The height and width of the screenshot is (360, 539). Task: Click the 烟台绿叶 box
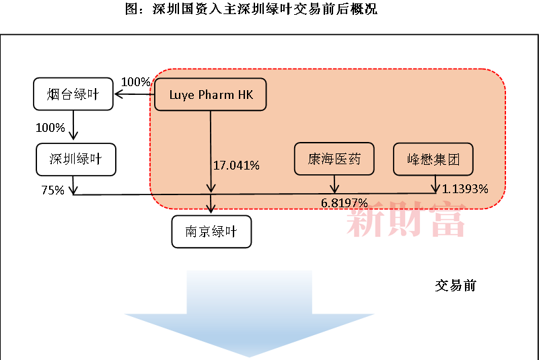tap(73, 94)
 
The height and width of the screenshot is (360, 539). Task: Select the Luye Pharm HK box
tap(211, 95)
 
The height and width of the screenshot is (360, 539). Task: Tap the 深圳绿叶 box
tap(76, 159)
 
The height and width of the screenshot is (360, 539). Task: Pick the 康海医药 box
tap(334, 159)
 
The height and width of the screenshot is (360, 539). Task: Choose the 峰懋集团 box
tap(433, 159)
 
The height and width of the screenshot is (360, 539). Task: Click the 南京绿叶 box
tap(211, 231)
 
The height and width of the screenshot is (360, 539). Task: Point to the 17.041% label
tap(236, 166)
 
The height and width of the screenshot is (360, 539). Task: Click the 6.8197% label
tap(344, 203)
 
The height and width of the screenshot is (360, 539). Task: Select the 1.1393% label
tap(465, 189)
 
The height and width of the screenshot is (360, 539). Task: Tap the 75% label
tap(53, 190)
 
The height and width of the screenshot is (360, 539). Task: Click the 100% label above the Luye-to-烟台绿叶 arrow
tap(135, 82)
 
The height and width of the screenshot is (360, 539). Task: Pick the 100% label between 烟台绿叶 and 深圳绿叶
tap(50, 128)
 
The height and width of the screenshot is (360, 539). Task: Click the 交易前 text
tap(456, 286)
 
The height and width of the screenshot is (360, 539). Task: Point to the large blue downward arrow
tap(249, 313)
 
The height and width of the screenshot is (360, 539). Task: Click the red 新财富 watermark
tap(406, 219)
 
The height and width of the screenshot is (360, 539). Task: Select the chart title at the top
tap(251, 9)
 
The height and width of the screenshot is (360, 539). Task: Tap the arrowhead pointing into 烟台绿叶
tap(118, 94)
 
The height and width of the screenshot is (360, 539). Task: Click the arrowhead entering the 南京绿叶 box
tap(211, 209)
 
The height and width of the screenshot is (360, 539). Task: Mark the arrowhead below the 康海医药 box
tap(334, 188)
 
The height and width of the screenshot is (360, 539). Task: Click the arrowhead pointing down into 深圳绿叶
tap(73, 135)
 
